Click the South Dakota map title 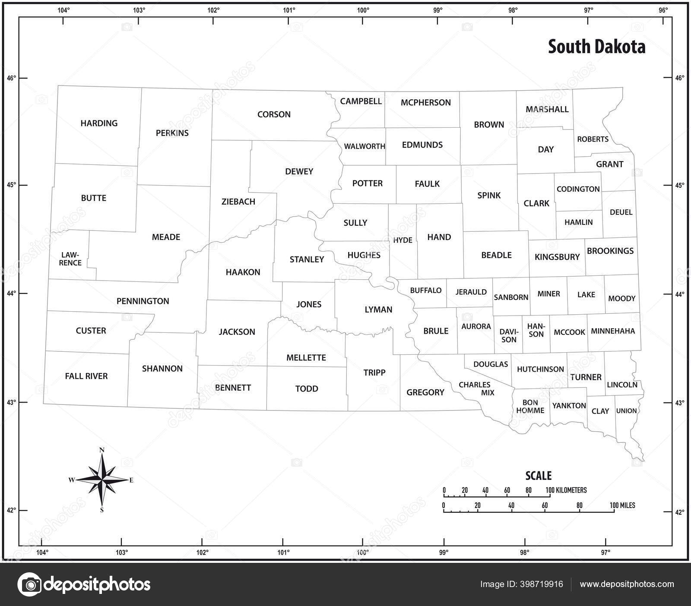596,47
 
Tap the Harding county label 99,123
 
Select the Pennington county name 143,301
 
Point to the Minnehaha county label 613,331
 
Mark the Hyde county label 403,240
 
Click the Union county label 626,411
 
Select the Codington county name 578,189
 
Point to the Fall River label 86,376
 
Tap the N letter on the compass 102,450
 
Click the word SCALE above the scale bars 538,476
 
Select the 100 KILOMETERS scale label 566,490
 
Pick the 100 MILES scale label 622,505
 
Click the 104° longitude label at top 63,10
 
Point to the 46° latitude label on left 11,78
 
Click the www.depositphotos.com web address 627,584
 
